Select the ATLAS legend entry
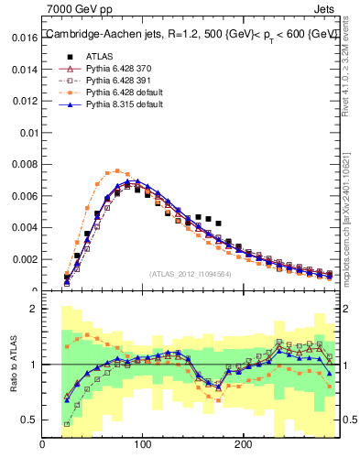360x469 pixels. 98,55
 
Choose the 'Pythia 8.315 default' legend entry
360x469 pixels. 118,105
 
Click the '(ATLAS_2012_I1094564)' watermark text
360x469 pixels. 191,273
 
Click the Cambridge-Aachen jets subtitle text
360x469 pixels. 192,34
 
